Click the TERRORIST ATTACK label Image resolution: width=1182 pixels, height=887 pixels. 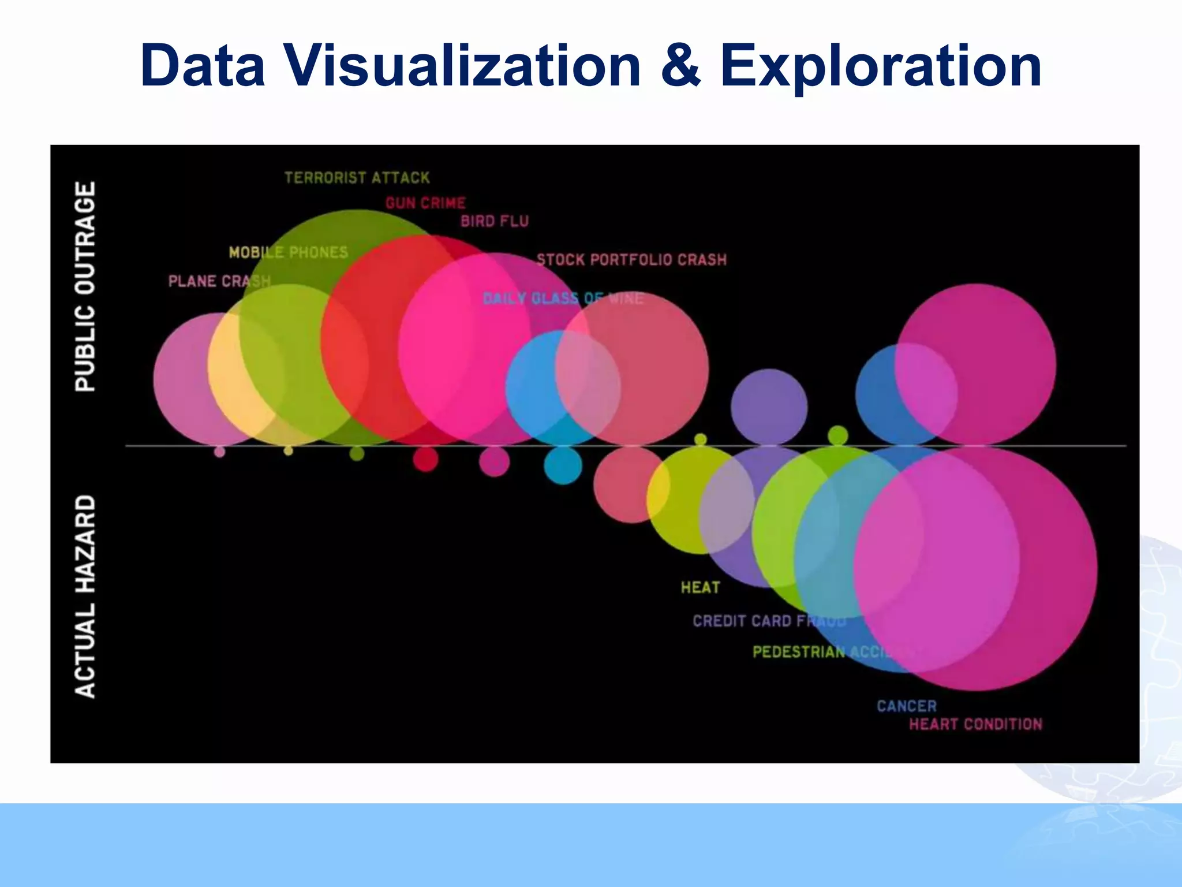(357, 178)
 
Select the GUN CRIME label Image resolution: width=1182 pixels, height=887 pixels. (425, 203)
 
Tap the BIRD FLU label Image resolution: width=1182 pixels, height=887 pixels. (495, 221)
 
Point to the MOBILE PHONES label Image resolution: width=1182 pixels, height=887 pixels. (289, 252)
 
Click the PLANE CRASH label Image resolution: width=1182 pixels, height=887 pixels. (219, 281)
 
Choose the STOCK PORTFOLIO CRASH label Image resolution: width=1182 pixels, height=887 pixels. (631, 260)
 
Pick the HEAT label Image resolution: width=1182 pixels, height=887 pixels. (700, 588)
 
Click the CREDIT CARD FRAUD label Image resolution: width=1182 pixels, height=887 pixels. (769, 621)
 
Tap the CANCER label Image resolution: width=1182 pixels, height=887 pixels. (906, 706)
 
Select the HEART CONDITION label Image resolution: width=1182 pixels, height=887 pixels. (975, 724)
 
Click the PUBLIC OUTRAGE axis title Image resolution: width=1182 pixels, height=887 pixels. (85, 286)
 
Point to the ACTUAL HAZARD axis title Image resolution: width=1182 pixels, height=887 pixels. (85, 596)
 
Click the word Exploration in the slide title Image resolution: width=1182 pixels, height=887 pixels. (881, 66)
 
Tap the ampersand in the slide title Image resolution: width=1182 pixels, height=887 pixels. (680, 66)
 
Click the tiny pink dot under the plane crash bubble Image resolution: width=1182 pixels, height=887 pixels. (219, 452)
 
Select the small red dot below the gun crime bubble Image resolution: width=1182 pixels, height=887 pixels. (425, 460)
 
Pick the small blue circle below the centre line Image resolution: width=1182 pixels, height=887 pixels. (563, 465)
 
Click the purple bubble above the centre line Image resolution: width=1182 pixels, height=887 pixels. (769, 407)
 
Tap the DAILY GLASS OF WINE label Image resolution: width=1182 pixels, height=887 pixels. (563, 299)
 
